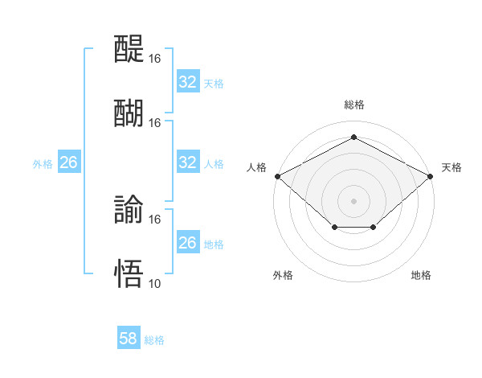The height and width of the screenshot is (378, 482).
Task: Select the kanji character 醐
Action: coord(129,112)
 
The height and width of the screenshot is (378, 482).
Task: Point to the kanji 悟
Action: coord(129,273)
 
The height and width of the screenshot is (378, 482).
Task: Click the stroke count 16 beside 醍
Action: coord(155,60)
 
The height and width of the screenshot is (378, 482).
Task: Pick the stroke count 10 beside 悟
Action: coord(155,283)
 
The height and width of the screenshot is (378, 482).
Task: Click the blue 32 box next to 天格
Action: coord(187,81)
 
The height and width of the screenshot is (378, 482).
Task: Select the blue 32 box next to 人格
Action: coord(187,162)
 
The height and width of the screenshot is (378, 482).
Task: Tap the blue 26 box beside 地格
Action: coord(187,243)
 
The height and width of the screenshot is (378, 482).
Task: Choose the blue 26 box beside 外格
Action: coord(68,162)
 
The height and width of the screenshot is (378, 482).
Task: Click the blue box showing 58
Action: coord(129,339)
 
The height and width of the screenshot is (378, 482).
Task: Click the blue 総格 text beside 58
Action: coord(154,340)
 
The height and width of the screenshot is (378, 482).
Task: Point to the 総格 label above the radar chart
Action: coord(353,105)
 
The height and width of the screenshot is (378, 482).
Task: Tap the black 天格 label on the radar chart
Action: coord(451,167)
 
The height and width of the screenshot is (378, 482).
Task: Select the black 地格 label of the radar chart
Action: coord(421,275)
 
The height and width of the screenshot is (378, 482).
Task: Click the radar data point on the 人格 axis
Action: coord(277,175)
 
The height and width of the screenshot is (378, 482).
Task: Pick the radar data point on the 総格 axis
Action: coord(353,138)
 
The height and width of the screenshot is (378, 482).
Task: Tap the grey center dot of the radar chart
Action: coord(353,200)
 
